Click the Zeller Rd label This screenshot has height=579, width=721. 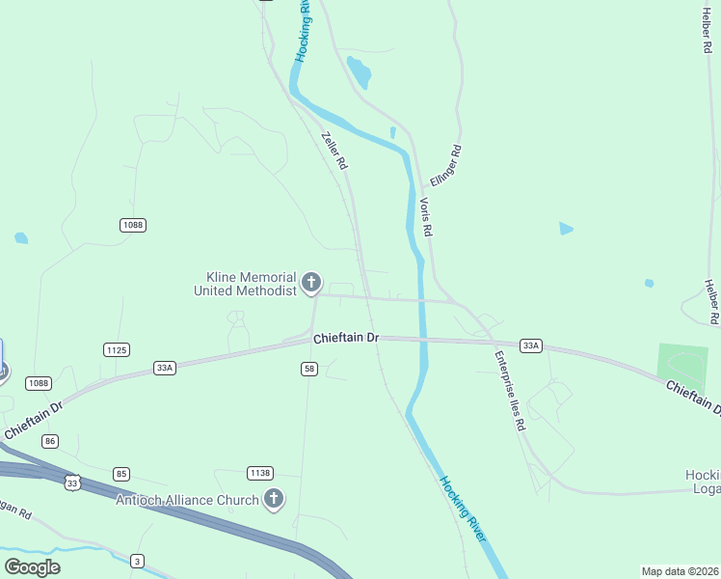click(x=334, y=152)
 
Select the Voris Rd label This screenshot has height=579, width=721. click(x=425, y=217)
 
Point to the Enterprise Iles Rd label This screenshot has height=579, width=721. click(x=510, y=390)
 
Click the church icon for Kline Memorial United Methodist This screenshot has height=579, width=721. click(x=310, y=283)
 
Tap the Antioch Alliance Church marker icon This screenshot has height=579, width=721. click(x=274, y=499)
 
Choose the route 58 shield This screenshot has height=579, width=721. click(x=309, y=369)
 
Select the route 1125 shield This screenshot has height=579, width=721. click(x=117, y=349)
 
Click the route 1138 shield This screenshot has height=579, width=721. click(x=259, y=473)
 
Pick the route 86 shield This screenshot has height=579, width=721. click(x=51, y=440)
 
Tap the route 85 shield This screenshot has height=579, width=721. click(x=120, y=474)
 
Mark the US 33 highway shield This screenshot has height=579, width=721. click(x=72, y=482)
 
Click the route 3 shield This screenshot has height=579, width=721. click(x=138, y=561)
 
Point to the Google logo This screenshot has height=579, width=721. click(x=32, y=566)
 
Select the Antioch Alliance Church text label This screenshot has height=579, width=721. click(x=187, y=500)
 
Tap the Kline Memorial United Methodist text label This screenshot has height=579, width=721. click(x=245, y=284)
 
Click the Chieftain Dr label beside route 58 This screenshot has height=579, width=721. click(x=346, y=339)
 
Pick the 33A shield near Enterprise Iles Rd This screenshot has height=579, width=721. click(x=530, y=345)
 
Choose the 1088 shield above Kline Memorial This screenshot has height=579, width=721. click(x=133, y=225)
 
